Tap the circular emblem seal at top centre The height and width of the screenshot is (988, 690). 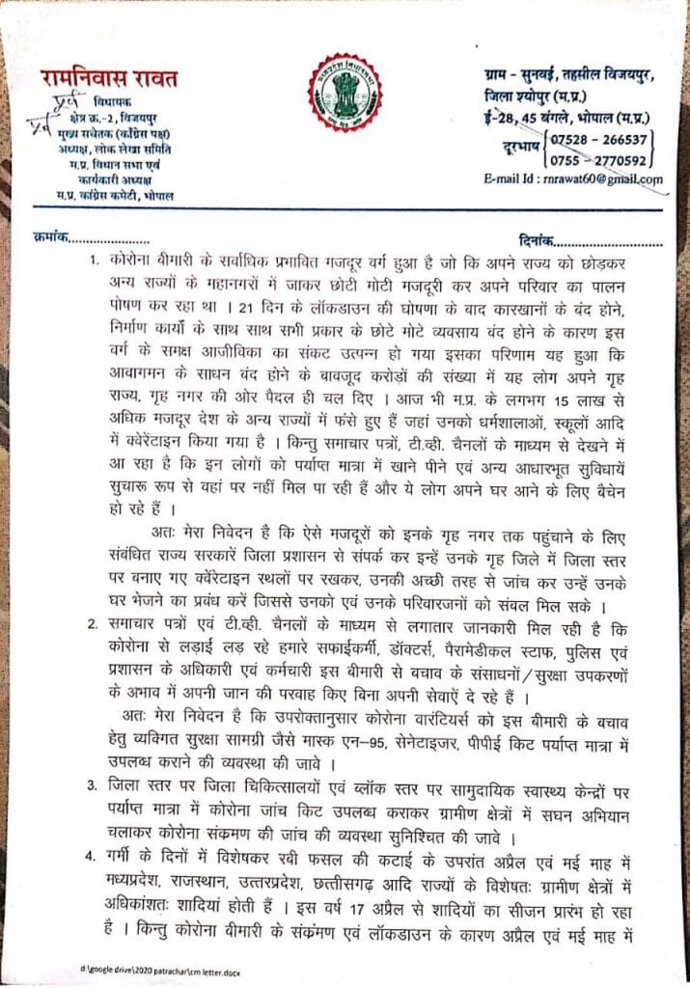click(345, 96)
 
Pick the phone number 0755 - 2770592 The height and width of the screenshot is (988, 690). click(604, 160)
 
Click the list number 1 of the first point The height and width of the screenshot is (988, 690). click(94, 262)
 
